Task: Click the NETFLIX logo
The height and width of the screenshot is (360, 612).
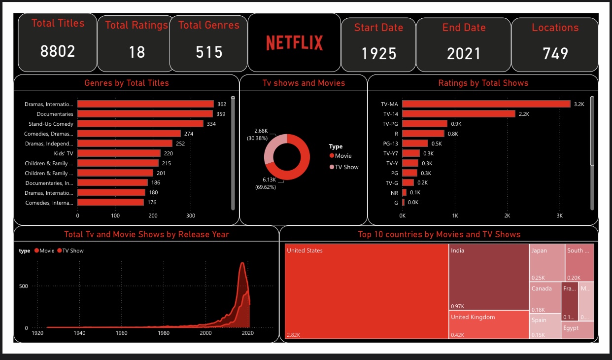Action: point(294,43)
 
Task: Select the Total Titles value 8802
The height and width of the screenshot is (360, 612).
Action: point(58,51)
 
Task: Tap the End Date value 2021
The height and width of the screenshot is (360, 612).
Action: point(463,53)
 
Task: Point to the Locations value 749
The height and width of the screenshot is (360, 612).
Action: point(555,53)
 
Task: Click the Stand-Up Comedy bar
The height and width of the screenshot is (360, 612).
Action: point(140,124)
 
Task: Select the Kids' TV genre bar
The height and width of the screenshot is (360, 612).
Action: point(119,153)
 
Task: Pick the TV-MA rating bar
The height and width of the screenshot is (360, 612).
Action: point(486,104)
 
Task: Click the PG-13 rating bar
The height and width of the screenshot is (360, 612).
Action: point(415,144)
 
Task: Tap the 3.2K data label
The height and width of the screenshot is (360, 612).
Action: point(578,104)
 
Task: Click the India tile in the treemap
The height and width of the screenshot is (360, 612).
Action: point(488,276)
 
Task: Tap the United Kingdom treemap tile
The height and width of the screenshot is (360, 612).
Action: point(488,324)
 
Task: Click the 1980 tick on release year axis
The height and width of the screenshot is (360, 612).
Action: point(164,333)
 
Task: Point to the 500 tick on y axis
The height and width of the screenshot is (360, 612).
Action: point(24,286)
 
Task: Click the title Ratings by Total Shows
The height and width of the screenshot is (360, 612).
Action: point(483,83)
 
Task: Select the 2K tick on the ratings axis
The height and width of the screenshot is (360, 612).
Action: point(507,216)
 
